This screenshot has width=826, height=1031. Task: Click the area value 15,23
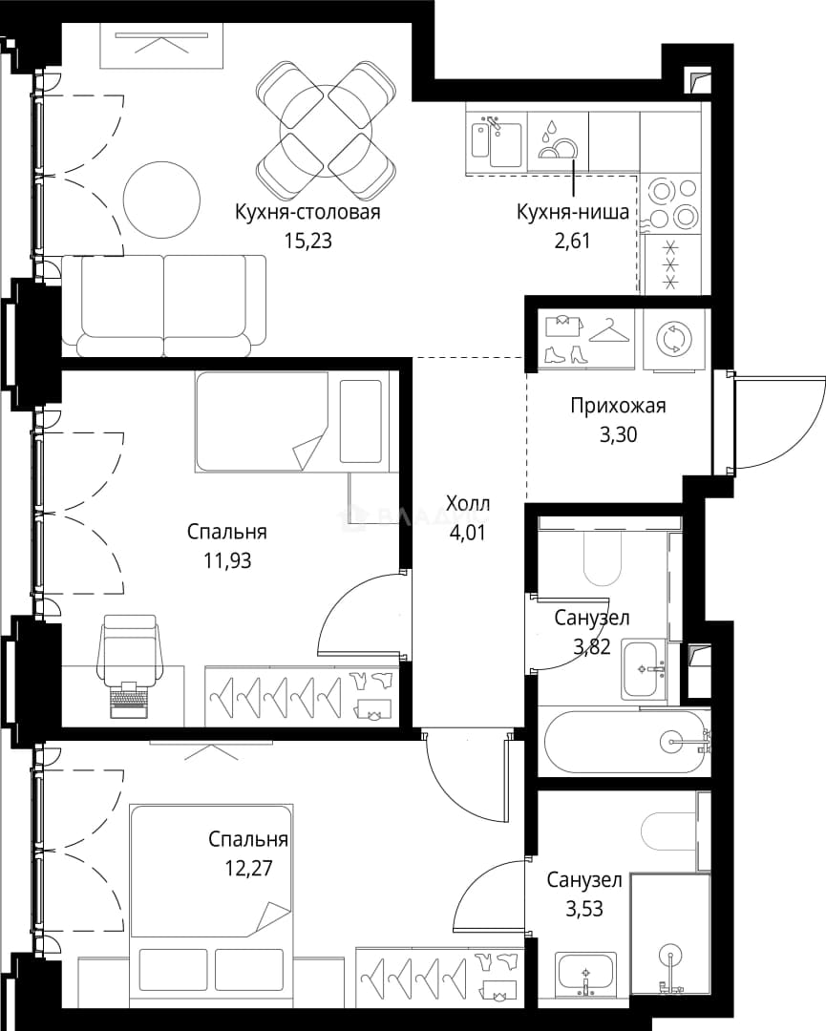click(307, 242)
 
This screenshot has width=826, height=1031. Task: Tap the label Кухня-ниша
click(573, 212)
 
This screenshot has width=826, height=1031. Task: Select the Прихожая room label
click(618, 406)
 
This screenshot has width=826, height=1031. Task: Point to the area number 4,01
click(468, 533)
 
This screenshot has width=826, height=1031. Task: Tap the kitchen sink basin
click(497, 142)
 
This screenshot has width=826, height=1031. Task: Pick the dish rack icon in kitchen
click(558, 140)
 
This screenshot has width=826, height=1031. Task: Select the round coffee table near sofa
click(161, 198)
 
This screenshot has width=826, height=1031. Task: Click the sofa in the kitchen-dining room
click(164, 305)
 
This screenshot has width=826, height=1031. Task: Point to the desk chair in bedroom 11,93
click(130, 651)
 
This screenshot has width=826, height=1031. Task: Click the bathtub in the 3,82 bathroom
click(625, 743)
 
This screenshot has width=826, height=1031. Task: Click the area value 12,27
click(248, 869)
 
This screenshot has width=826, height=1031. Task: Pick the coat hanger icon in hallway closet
click(609, 332)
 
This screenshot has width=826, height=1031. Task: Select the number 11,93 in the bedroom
click(227, 561)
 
